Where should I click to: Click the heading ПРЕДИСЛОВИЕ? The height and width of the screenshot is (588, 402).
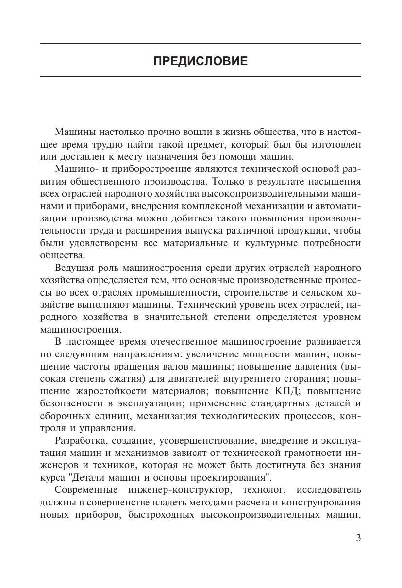coord(201,61)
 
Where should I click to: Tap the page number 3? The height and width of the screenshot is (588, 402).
coord(358,538)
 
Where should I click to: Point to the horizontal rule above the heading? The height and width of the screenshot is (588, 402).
coord(201,44)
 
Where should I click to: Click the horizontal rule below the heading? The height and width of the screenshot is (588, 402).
coord(201,76)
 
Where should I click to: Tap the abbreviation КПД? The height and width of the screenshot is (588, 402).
coord(291,391)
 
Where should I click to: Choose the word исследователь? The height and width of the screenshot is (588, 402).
coord(328,490)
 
